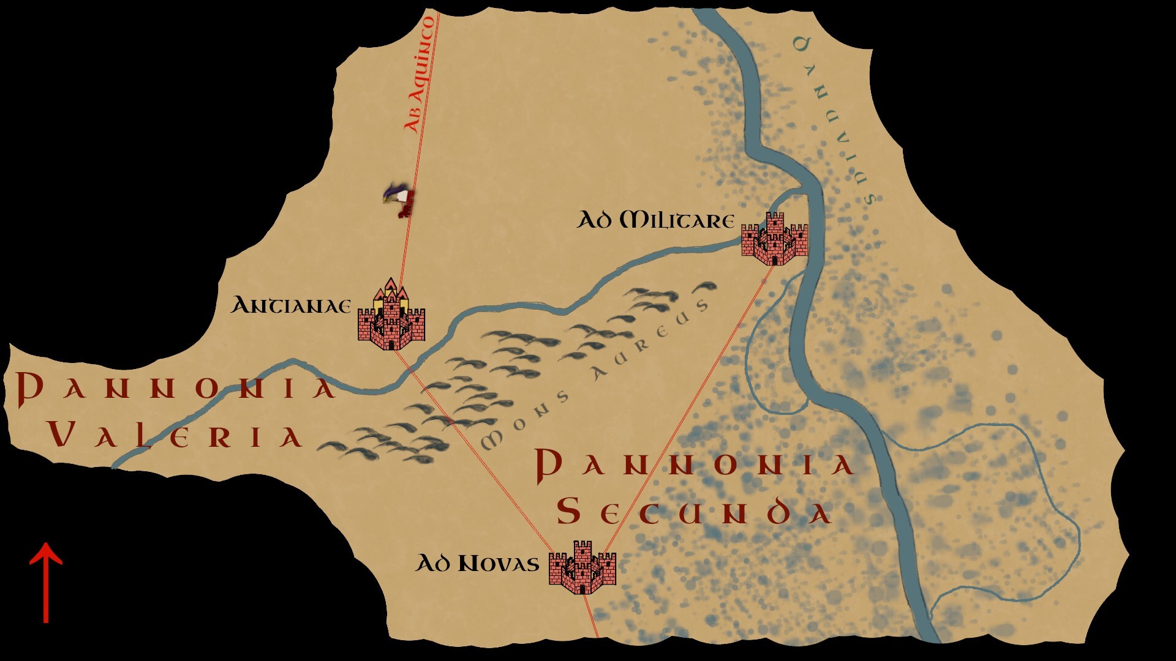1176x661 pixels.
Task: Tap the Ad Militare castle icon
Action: (774, 239)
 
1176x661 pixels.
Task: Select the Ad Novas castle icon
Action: (582, 568)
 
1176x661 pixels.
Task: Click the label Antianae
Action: (290, 305)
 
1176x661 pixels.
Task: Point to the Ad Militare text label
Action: (655, 220)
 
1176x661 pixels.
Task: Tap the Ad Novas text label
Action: (477, 563)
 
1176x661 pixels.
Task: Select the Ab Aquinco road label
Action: (420, 75)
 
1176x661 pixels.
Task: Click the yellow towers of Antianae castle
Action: (391, 293)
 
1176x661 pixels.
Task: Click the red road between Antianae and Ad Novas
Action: (478, 453)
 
